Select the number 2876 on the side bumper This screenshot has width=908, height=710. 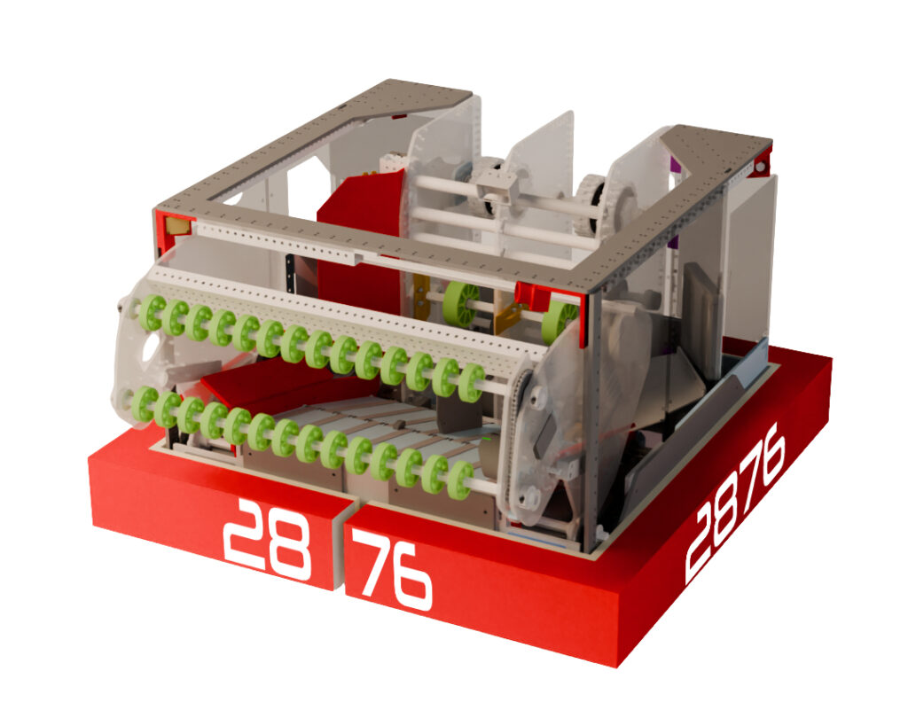(x=738, y=504)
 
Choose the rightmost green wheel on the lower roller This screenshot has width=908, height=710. (x=460, y=479)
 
